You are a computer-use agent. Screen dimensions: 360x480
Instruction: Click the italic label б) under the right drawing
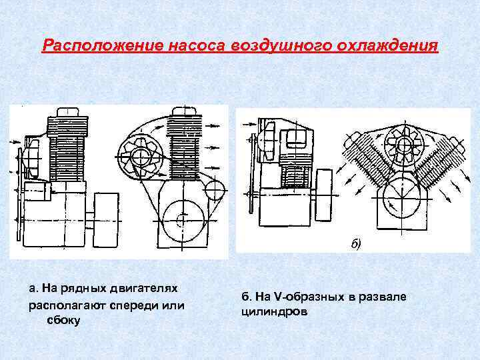(x=355, y=243)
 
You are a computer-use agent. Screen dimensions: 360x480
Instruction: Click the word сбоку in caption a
(x=64, y=320)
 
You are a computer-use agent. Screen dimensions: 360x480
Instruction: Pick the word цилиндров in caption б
(x=274, y=311)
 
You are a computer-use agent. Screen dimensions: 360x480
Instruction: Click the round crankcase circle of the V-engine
(x=401, y=198)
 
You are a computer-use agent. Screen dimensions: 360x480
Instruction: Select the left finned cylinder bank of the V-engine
(x=368, y=163)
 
